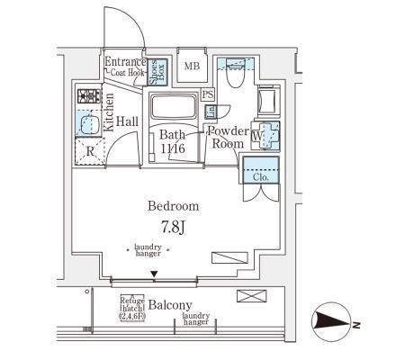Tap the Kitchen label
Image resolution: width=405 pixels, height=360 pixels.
[x=109, y=112]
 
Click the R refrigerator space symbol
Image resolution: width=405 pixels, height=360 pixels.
[x=90, y=150]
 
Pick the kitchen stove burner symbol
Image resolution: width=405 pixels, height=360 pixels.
[x=87, y=96]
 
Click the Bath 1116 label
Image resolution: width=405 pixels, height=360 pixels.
[x=173, y=141]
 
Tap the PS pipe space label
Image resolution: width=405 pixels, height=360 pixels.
[x=208, y=94]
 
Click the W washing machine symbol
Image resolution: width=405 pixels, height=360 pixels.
[x=261, y=136]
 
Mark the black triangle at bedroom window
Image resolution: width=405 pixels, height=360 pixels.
[x=155, y=274]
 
